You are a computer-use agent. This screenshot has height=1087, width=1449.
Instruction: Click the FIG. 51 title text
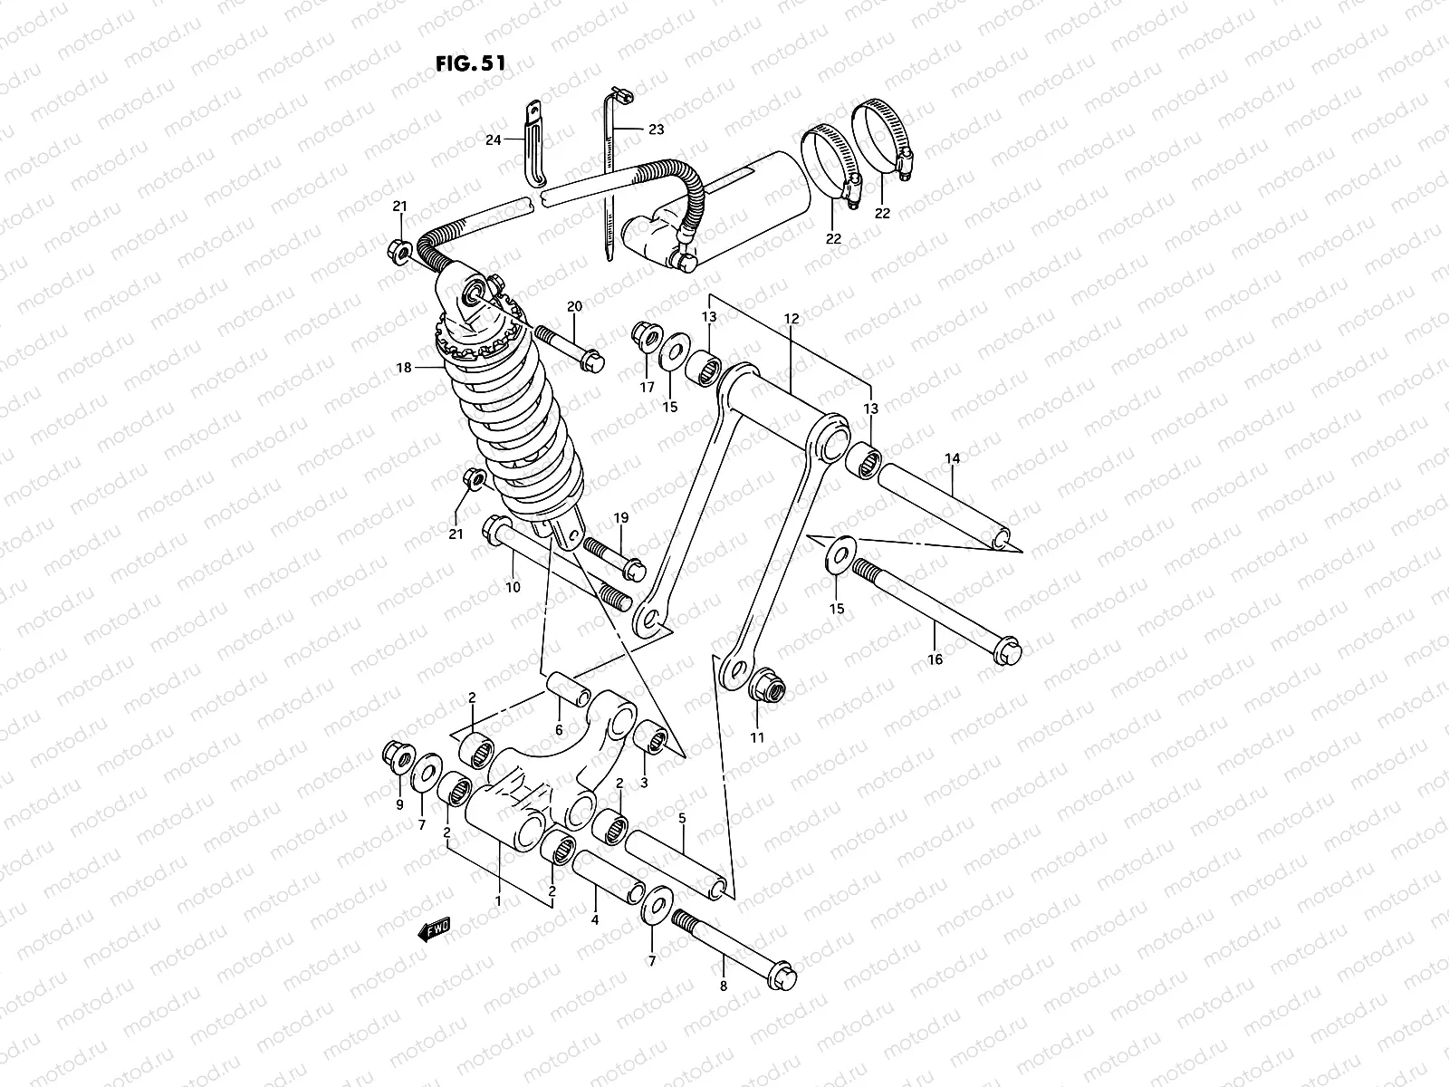(x=470, y=63)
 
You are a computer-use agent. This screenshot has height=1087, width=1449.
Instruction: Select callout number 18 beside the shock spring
(x=403, y=368)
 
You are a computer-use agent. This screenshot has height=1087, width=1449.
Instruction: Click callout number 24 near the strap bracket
(x=493, y=139)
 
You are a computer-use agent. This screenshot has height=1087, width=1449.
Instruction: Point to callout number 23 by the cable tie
(x=656, y=130)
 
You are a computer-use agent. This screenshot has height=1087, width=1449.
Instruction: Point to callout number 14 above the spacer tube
(x=952, y=459)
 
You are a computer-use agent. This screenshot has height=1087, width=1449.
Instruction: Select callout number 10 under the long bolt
(x=513, y=587)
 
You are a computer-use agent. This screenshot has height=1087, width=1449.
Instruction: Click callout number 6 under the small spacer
(x=559, y=730)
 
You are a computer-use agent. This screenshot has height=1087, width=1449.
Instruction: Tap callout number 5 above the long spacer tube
(x=682, y=818)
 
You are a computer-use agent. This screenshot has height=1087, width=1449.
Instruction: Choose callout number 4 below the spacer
(x=595, y=919)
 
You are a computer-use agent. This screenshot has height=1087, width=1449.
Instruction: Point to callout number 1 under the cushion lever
(x=497, y=902)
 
